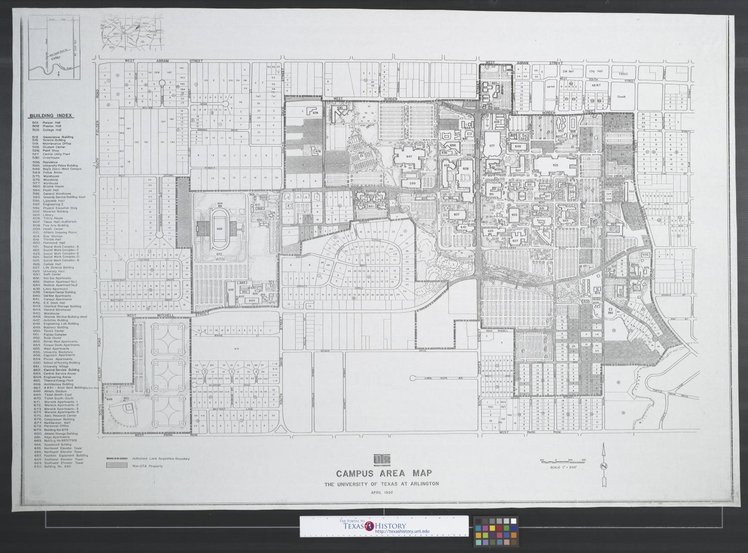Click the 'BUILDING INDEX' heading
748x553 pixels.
click(x=51, y=115)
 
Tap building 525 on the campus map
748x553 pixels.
click(x=555, y=165)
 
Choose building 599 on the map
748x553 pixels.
click(x=412, y=184)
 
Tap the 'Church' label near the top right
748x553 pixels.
click(x=620, y=97)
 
